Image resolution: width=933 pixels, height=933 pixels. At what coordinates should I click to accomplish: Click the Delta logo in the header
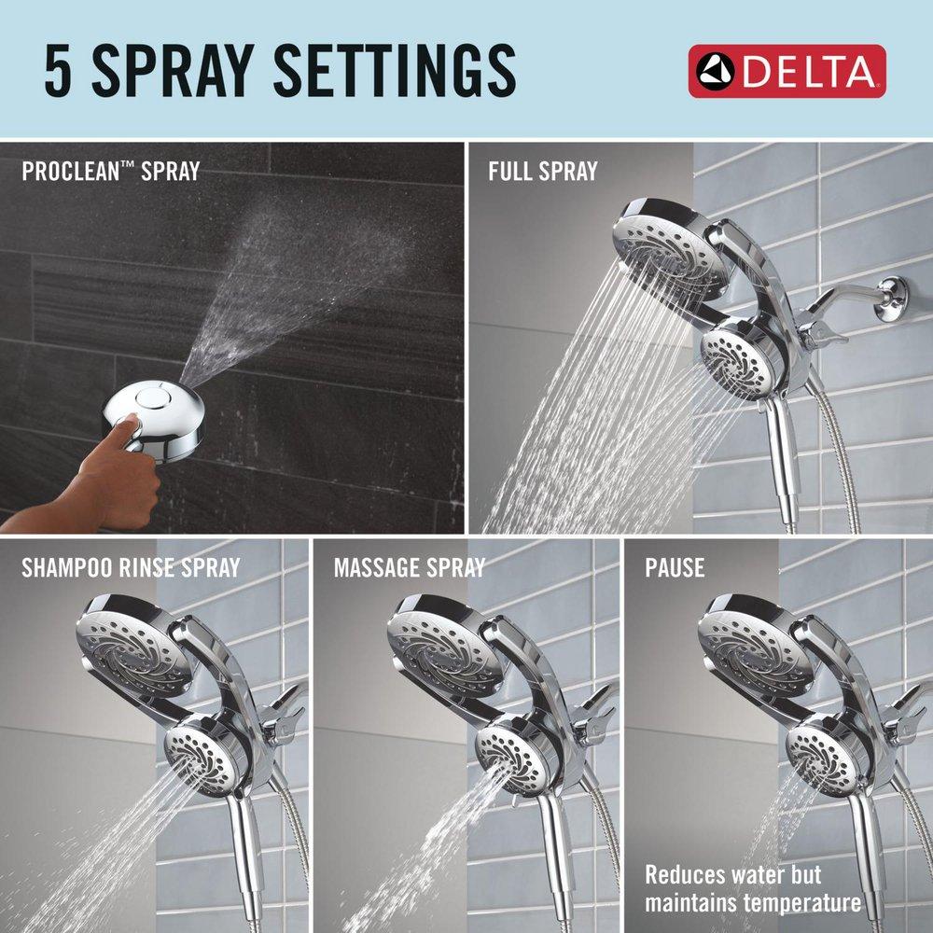787,70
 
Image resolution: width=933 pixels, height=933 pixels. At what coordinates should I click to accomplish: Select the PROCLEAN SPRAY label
110,171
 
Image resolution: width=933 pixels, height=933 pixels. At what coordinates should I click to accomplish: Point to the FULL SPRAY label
542,171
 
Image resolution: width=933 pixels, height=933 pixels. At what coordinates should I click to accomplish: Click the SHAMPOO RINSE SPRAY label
131,566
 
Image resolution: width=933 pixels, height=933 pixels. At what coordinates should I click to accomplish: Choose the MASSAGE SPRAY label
409,566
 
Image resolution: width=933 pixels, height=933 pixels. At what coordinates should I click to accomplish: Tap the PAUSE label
675,566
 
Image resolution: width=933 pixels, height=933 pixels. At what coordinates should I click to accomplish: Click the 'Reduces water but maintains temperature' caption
753,889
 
